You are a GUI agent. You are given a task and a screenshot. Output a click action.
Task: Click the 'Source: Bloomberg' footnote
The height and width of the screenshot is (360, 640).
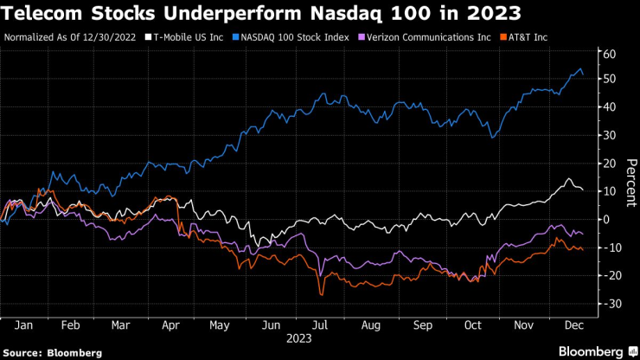coord(54,352)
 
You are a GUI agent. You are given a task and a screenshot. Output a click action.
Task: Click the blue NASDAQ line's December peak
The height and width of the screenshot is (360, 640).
coord(579,69)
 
